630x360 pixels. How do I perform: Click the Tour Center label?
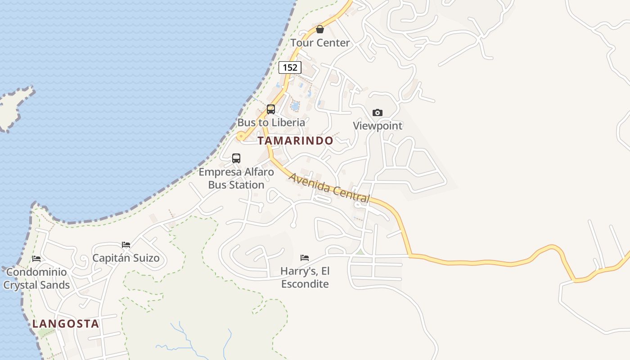pyautogui.click(x=320, y=43)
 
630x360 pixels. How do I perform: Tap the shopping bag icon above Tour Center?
pyautogui.click(x=320, y=30)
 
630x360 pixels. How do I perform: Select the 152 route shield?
pyautogui.click(x=290, y=67)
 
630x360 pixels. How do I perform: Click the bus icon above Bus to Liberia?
pyautogui.click(x=271, y=109)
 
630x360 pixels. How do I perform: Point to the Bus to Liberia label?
pyautogui.click(x=271, y=122)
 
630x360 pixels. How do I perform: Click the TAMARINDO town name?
pyautogui.click(x=296, y=140)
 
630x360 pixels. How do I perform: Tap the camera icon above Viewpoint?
pyautogui.click(x=378, y=112)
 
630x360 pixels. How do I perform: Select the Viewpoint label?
pyautogui.click(x=378, y=126)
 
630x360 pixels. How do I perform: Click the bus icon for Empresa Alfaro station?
pyautogui.click(x=236, y=158)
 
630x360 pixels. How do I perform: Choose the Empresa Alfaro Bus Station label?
pyautogui.click(x=236, y=178)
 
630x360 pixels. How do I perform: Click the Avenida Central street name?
pyautogui.click(x=329, y=188)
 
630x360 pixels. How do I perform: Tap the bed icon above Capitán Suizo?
pyautogui.click(x=126, y=245)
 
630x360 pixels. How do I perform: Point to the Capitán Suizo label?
pyautogui.click(x=126, y=258)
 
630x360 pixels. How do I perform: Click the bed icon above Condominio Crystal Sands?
pyautogui.click(x=36, y=259)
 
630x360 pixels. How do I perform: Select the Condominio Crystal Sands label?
pyautogui.click(x=36, y=278)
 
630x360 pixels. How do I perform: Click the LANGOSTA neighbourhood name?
pyautogui.click(x=66, y=324)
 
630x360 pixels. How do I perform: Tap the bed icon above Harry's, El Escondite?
pyautogui.click(x=305, y=258)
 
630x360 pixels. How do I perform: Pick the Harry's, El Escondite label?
pyautogui.click(x=305, y=277)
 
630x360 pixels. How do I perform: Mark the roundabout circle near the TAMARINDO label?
pyautogui.click(x=241, y=136)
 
